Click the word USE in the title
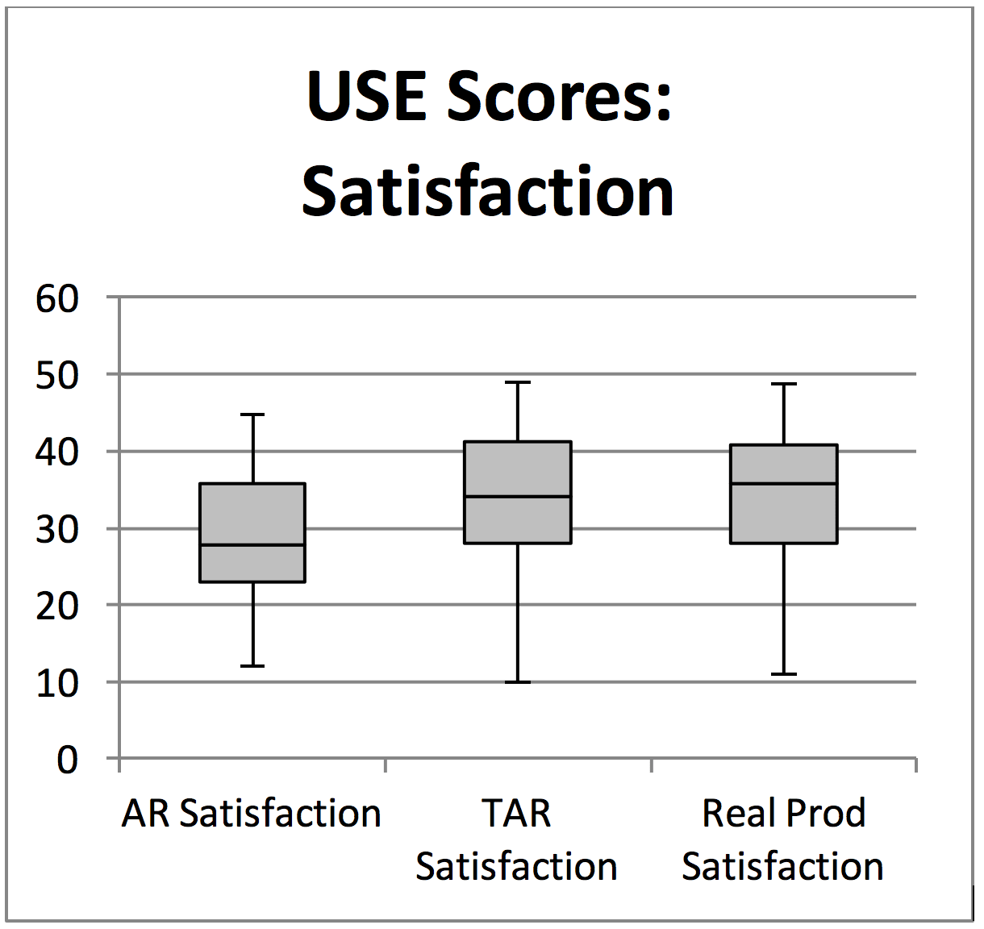(368, 96)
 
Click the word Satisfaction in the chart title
(488, 192)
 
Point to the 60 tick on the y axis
(57, 299)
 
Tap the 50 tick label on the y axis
(57, 376)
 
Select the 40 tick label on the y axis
(57, 452)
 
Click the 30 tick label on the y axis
(57, 530)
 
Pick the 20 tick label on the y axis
(57, 606)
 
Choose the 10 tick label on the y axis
(57, 683)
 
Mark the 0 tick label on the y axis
(67, 760)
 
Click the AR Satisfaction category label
(252, 813)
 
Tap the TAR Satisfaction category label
(516, 839)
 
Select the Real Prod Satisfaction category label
(783, 839)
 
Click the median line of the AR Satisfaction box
(252, 545)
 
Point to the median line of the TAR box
(518, 496)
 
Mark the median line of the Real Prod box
(784, 483)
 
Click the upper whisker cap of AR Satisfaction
(252, 415)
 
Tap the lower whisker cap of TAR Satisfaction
(518, 682)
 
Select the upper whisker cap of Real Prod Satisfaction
(784, 384)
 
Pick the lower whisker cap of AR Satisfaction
(252, 666)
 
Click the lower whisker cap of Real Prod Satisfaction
(784, 674)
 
